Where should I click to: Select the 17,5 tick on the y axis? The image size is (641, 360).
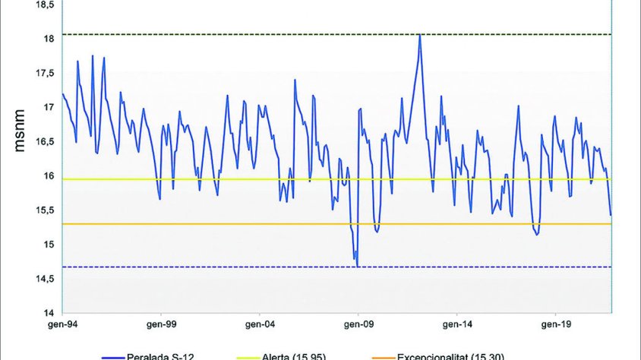(x=46, y=73)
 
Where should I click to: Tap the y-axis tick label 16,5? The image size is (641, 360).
(x=46, y=141)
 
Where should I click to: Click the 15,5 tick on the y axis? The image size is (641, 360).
(x=46, y=210)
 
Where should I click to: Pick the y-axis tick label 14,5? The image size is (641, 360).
(x=46, y=279)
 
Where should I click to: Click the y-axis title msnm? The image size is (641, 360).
(x=21, y=131)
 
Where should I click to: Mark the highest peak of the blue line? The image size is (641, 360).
(x=419, y=35)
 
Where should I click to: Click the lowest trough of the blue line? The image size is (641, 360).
(x=357, y=266)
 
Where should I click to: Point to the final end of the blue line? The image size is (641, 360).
(x=611, y=216)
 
